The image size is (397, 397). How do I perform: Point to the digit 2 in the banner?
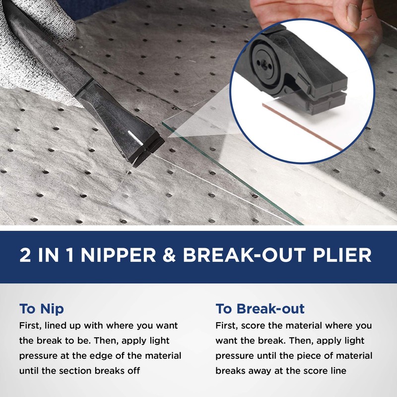[25, 255]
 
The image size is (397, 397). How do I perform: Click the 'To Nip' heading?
[41, 309]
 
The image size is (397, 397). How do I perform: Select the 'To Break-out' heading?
[260, 309]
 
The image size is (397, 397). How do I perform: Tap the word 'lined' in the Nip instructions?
[61, 326]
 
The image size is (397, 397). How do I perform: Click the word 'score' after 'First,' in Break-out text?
[253, 326]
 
